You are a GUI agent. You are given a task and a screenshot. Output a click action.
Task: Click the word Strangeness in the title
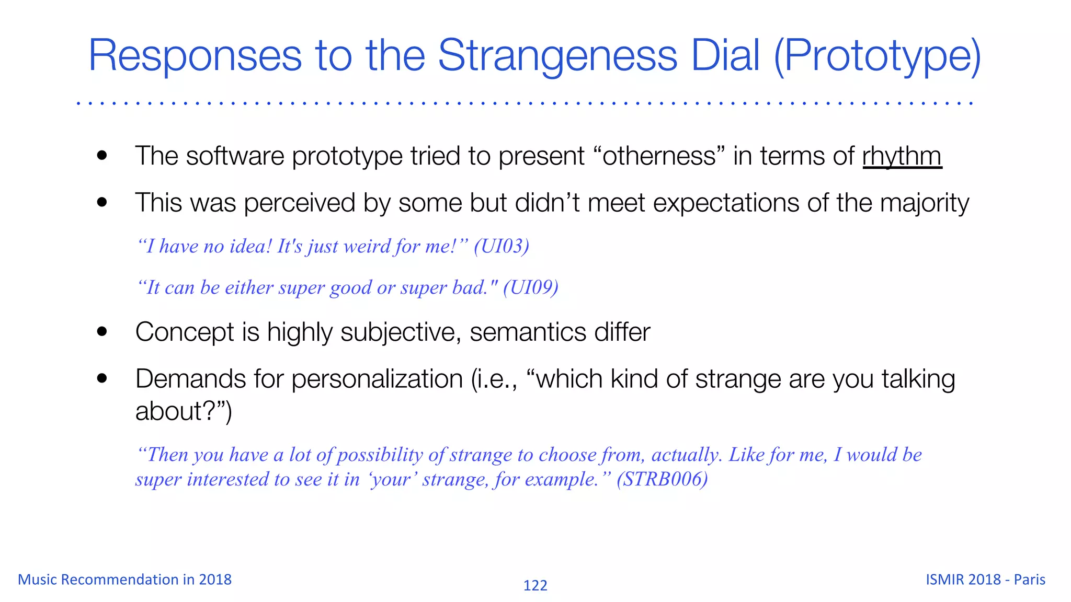[x=557, y=56]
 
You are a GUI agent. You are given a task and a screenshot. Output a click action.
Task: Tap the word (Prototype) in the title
[x=877, y=56]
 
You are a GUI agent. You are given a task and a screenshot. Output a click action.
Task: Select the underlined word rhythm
[x=902, y=156]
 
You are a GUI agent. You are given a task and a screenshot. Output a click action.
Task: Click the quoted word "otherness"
[x=660, y=156]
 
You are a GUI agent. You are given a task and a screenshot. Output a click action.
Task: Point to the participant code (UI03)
[x=501, y=246]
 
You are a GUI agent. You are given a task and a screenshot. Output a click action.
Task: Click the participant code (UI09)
[x=530, y=287]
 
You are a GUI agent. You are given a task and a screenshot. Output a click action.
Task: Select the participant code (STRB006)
[x=662, y=479]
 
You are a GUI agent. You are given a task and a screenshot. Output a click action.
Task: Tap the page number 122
[x=535, y=585]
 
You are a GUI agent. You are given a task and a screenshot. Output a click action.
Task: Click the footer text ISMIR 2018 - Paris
[x=985, y=580]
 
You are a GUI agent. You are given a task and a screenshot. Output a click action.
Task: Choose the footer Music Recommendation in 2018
[x=124, y=580]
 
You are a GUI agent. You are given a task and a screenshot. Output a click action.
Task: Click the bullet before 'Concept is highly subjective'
[x=102, y=332]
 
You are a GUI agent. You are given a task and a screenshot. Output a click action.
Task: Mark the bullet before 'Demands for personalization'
[x=102, y=379]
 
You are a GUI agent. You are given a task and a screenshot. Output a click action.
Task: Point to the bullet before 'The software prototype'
[x=102, y=156]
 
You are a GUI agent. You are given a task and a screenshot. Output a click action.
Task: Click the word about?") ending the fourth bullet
[x=183, y=411]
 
